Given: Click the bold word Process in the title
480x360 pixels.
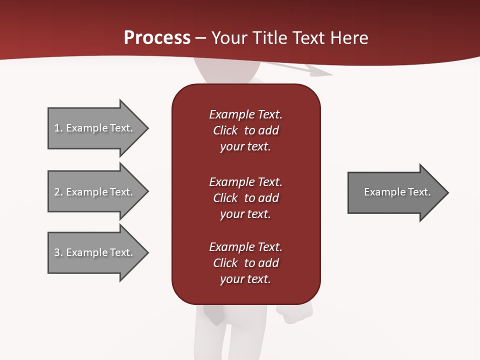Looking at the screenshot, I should (x=157, y=38).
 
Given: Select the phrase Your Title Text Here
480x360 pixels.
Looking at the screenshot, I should (x=289, y=38).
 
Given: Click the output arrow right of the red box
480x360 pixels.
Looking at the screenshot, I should (x=397, y=192).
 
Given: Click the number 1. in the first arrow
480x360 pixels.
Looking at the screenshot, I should (x=58, y=128).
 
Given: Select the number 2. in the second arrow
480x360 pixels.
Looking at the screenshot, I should (x=58, y=192).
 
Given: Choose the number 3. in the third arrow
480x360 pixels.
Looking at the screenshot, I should (x=58, y=252).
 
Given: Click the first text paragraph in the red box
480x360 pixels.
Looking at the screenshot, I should (x=245, y=130).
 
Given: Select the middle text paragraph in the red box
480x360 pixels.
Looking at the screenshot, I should (x=245, y=198).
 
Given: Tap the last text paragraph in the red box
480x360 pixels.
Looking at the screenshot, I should (x=245, y=263).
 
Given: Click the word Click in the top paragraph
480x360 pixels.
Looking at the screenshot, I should (x=225, y=130).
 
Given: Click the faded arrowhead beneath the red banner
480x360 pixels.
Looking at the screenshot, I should (x=320, y=73).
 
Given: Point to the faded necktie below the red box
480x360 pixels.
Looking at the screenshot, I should (x=214, y=314).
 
